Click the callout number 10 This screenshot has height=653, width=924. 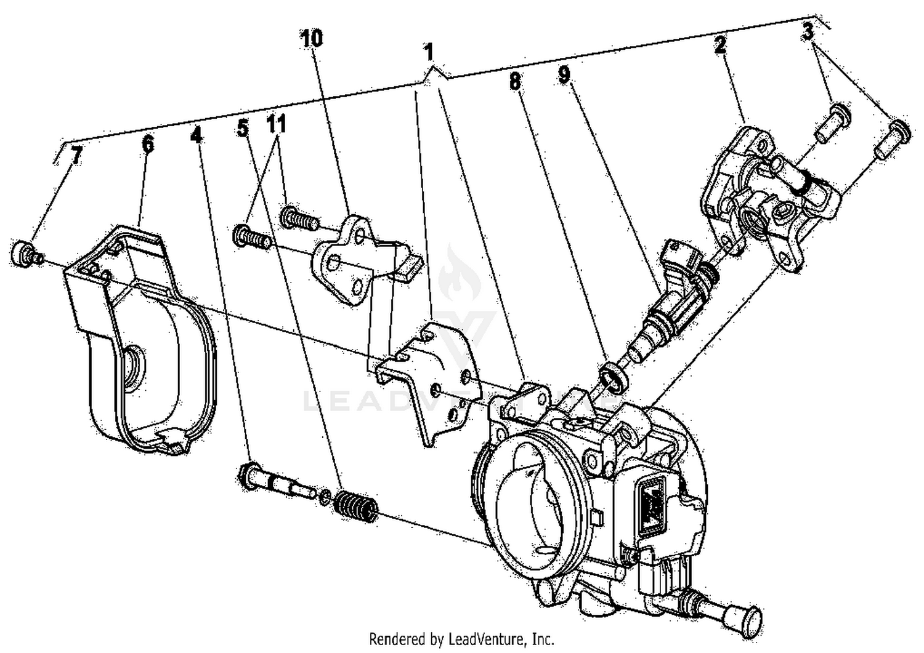pos(312,39)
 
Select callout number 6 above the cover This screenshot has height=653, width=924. pos(147,146)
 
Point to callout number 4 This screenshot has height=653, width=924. pos(196,135)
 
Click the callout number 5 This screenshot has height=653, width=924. pos(243,129)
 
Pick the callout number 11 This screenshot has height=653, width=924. pos(277,126)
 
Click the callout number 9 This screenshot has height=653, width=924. pos(564,74)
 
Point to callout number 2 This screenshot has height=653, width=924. pos(721,46)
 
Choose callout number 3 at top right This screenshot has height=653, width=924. pos(808,32)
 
